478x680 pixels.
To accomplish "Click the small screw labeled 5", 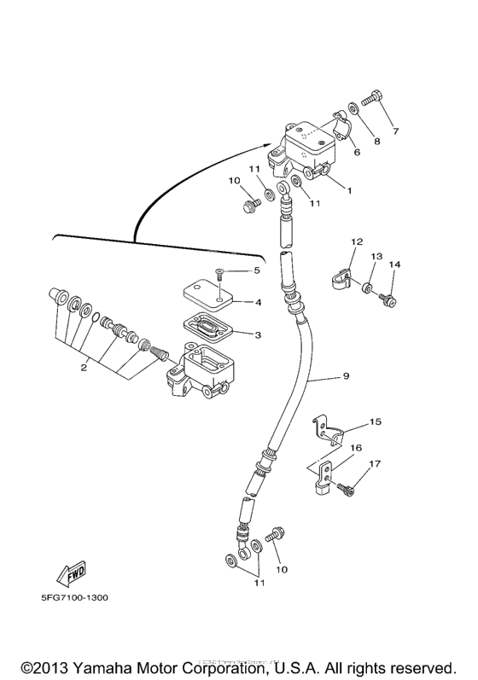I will click(x=219, y=274).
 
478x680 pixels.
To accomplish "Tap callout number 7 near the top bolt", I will click(x=395, y=131).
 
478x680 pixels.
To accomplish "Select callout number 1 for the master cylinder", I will click(x=349, y=191).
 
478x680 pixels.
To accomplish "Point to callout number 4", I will click(x=258, y=302).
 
